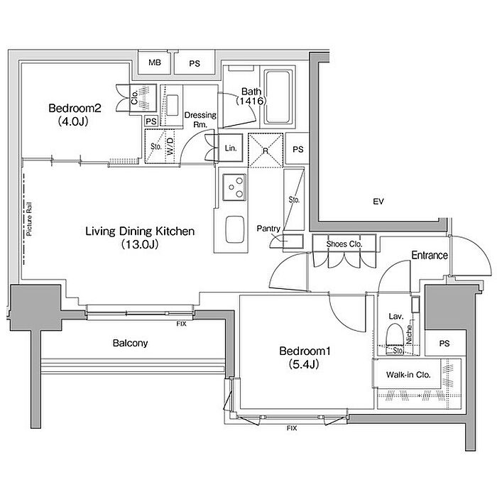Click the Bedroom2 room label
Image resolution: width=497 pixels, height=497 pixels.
coord(75,109)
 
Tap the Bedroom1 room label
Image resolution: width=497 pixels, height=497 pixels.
coord(305,351)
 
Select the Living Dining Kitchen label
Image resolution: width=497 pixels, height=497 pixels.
coord(140,231)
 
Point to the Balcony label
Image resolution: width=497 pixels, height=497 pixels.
coord(130,343)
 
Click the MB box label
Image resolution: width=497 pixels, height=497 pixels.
coord(155,62)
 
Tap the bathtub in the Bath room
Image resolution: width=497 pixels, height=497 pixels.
coord(278,97)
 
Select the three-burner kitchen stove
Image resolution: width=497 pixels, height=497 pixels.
coord(234,187)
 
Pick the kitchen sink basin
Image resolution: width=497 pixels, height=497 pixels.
coord(234,229)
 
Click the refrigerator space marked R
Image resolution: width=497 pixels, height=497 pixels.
coord(266,151)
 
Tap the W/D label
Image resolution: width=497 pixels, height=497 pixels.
coord(170,146)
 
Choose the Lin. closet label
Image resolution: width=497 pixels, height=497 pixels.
coord(231,148)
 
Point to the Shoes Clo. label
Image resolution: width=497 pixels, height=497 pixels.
coord(344,244)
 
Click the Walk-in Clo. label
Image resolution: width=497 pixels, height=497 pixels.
coord(408,375)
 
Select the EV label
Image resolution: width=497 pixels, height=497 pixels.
coord(378,201)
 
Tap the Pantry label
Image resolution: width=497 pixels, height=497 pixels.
coord(268,229)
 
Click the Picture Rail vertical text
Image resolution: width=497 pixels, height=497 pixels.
coord(30,219)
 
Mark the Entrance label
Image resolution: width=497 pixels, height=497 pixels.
coord(430,255)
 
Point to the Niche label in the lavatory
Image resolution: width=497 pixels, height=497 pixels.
coord(409,334)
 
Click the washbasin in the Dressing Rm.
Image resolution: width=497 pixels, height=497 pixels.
coord(172,105)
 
